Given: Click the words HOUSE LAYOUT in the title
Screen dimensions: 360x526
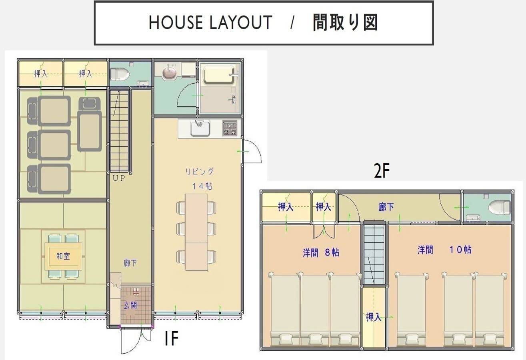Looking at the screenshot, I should click(x=210, y=23).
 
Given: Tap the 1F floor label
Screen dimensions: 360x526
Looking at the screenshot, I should click(x=171, y=339).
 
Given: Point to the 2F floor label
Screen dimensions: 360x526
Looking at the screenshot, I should click(x=381, y=171).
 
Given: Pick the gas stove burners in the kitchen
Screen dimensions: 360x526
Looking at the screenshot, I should click(x=230, y=128).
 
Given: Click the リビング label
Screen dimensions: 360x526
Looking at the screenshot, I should click(x=199, y=172).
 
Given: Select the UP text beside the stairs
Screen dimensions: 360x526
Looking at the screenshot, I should click(x=118, y=178).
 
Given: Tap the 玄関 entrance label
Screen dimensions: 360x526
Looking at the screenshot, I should click(x=130, y=306).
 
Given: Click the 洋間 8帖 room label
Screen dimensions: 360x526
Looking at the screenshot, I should click(x=321, y=252).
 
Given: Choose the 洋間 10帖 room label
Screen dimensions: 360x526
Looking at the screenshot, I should click(x=444, y=250).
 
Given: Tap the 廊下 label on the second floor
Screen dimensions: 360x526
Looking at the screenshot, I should click(x=386, y=207).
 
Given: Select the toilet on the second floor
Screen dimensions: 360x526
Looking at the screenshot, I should click(x=499, y=207).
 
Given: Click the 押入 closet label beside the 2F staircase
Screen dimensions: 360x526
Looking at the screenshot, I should click(x=374, y=318).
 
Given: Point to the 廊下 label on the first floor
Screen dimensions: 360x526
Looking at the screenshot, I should click(x=130, y=263).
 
